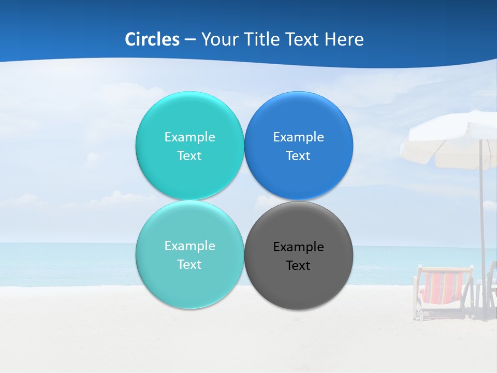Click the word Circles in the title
pyautogui.click(x=152, y=39)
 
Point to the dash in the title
pyautogui.click(x=190, y=40)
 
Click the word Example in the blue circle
pyautogui.click(x=298, y=137)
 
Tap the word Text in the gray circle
pyautogui.click(x=298, y=266)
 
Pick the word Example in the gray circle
pyautogui.click(x=298, y=247)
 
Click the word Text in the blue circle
pyautogui.click(x=298, y=156)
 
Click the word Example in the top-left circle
pyautogui.click(x=189, y=137)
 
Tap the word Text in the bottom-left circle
pyautogui.click(x=189, y=265)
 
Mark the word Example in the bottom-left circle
pyautogui.click(x=189, y=246)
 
